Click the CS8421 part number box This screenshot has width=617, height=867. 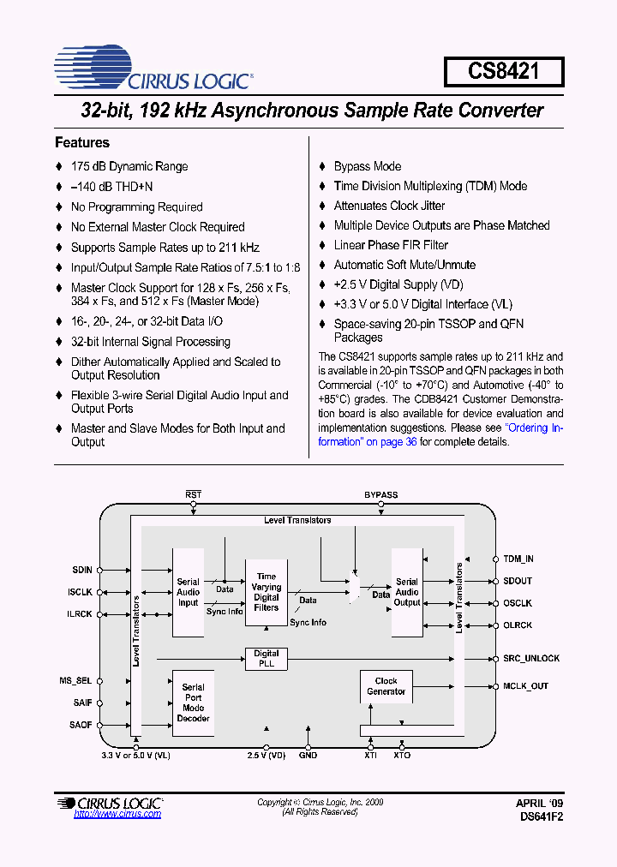[503, 71]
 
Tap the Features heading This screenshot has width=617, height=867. [82, 142]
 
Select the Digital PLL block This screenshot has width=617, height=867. [267, 658]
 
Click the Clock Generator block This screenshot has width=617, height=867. [386, 686]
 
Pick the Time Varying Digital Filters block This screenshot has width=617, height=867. [267, 592]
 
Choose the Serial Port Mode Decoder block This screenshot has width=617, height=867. [193, 703]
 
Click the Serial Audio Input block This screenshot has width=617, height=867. [188, 592]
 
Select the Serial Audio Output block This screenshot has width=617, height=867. [407, 592]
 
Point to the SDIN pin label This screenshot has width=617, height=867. [82, 569]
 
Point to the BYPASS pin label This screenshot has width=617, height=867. [380, 495]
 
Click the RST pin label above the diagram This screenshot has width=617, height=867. [193, 495]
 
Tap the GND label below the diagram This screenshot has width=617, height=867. [308, 756]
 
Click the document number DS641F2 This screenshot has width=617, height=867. [541, 817]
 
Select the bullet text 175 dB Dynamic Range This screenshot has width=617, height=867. [129, 166]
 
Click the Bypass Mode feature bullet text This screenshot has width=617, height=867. [367, 166]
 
